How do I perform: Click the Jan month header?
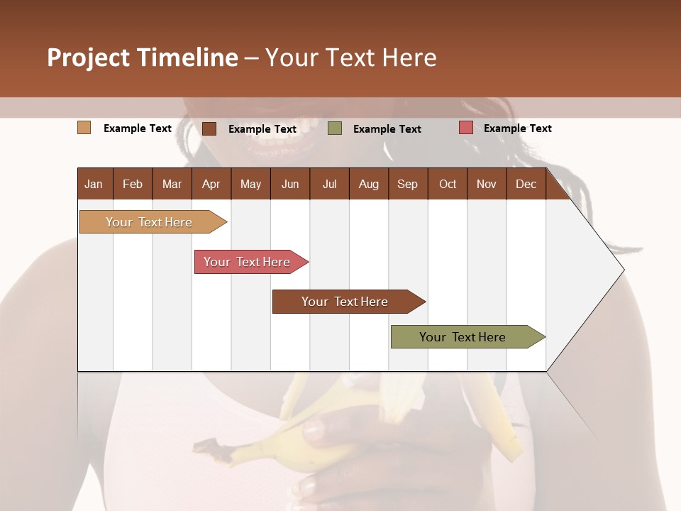pyautogui.click(x=94, y=184)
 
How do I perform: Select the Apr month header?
pyautogui.click(x=211, y=184)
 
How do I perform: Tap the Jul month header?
pyautogui.click(x=329, y=184)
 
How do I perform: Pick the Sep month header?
pyautogui.click(x=407, y=184)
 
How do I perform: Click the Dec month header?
pyautogui.click(x=526, y=184)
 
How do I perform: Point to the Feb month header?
pyautogui.click(x=133, y=184)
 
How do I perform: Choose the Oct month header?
pyautogui.click(x=448, y=184)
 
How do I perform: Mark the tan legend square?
pyautogui.click(x=84, y=128)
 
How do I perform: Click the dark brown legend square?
pyautogui.click(x=209, y=128)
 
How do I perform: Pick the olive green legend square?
pyautogui.click(x=335, y=128)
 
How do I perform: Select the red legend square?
pyautogui.click(x=466, y=128)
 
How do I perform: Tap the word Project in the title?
pyautogui.click(x=88, y=57)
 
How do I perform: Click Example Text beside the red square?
pyautogui.click(x=517, y=128)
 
